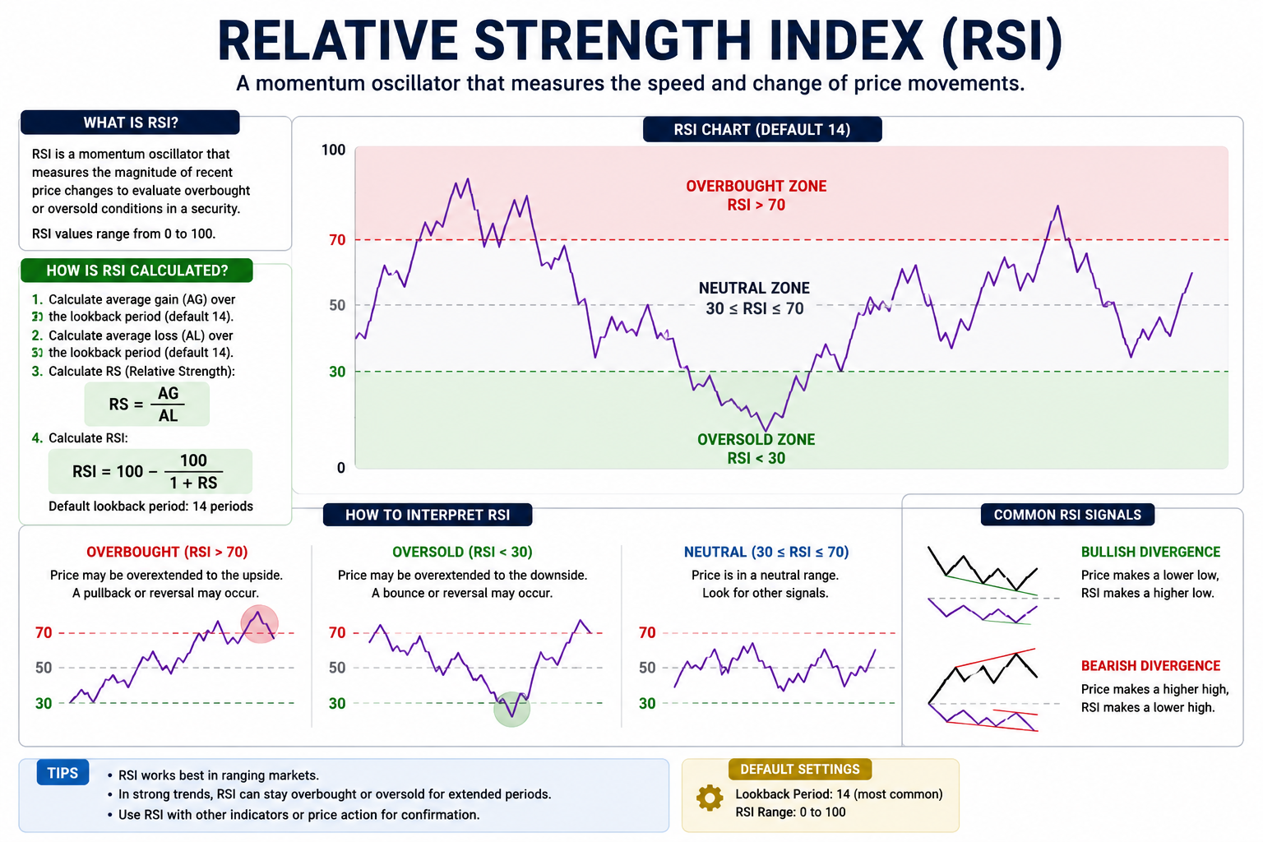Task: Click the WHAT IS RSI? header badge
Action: (x=130, y=123)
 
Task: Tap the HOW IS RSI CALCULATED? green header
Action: (x=136, y=271)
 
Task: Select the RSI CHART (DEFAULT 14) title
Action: (x=762, y=130)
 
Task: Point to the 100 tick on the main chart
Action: (x=333, y=150)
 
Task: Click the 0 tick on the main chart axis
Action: (x=340, y=468)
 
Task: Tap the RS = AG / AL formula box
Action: (x=146, y=405)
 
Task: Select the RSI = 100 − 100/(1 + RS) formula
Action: (x=150, y=471)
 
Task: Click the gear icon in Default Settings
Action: (x=710, y=798)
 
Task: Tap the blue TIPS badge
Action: (x=62, y=773)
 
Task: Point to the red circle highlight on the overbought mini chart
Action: (x=259, y=624)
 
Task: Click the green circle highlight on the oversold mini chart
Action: (x=511, y=709)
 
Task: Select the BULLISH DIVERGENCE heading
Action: (x=1150, y=552)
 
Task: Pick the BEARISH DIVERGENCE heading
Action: (x=1150, y=666)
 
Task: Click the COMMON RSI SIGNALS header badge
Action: (x=1067, y=515)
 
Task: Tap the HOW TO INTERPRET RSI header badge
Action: (x=428, y=515)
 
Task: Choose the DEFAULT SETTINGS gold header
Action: (x=799, y=770)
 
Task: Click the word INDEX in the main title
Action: (x=845, y=41)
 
